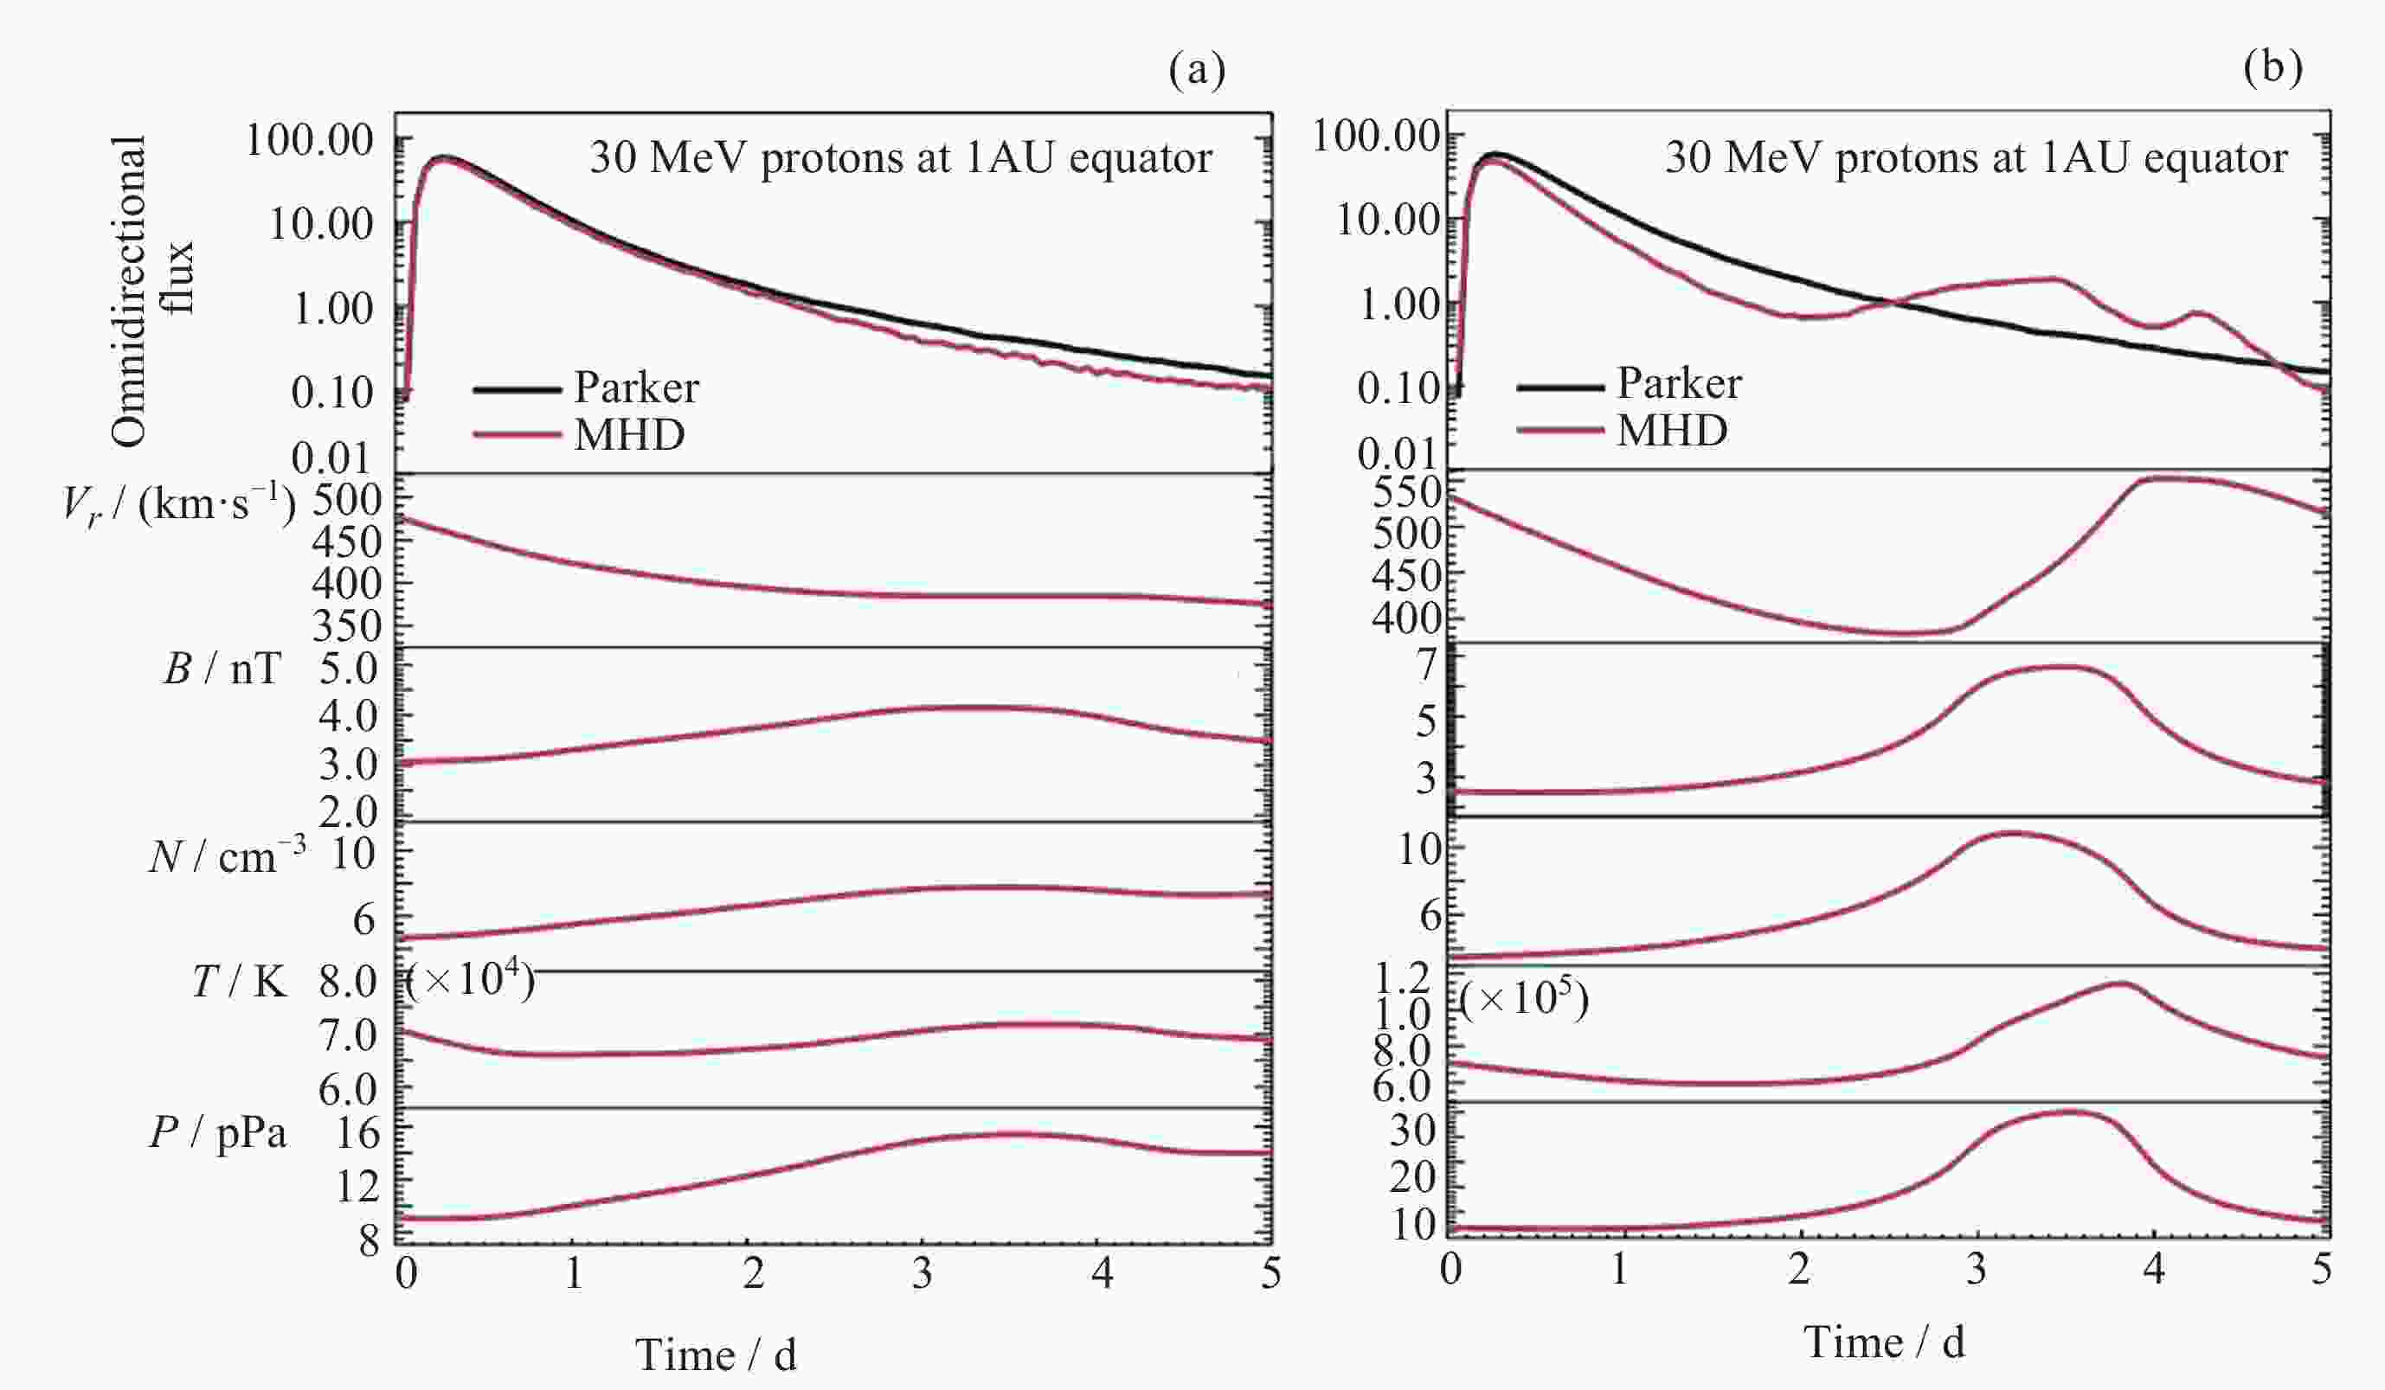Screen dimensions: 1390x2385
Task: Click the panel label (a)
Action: (1196, 70)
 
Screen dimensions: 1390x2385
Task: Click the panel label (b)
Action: (2272, 68)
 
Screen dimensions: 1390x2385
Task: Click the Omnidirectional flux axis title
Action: (151, 290)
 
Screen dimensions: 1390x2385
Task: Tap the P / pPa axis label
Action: (219, 1131)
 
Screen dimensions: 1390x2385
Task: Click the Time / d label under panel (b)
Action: (1883, 1342)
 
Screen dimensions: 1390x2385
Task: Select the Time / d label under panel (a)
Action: (716, 1354)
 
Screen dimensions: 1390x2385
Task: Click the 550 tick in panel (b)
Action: (1406, 492)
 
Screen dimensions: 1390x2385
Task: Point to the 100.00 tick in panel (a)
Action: (310, 140)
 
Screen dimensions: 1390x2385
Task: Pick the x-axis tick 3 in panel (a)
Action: (922, 1273)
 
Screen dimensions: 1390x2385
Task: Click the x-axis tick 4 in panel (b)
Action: (2154, 1269)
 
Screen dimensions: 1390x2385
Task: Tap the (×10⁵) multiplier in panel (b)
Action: (1524, 998)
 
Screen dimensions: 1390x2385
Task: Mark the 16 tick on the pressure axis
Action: (357, 1131)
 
